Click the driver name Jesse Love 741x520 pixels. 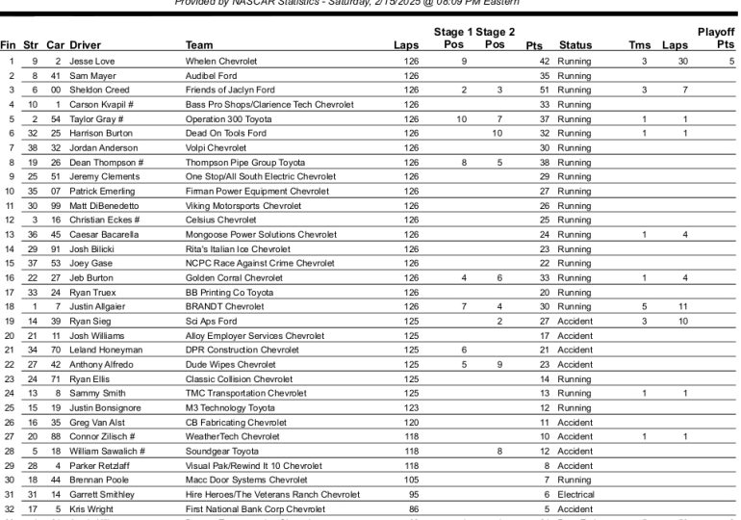click(x=91, y=61)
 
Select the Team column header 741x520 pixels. click(x=199, y=45)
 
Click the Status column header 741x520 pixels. click(x=575, y=45)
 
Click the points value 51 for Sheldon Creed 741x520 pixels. click(x=544, y=90)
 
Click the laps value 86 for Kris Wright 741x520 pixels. click(x=413, y=508)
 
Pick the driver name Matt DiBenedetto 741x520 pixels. click(x=105, y=205)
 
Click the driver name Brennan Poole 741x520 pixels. click(x=97, y=480)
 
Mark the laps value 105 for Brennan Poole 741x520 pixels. click(x=412, y=480)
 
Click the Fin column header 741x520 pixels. click(x=9, y=45)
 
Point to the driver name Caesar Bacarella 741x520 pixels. click(x=104, y=234)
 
